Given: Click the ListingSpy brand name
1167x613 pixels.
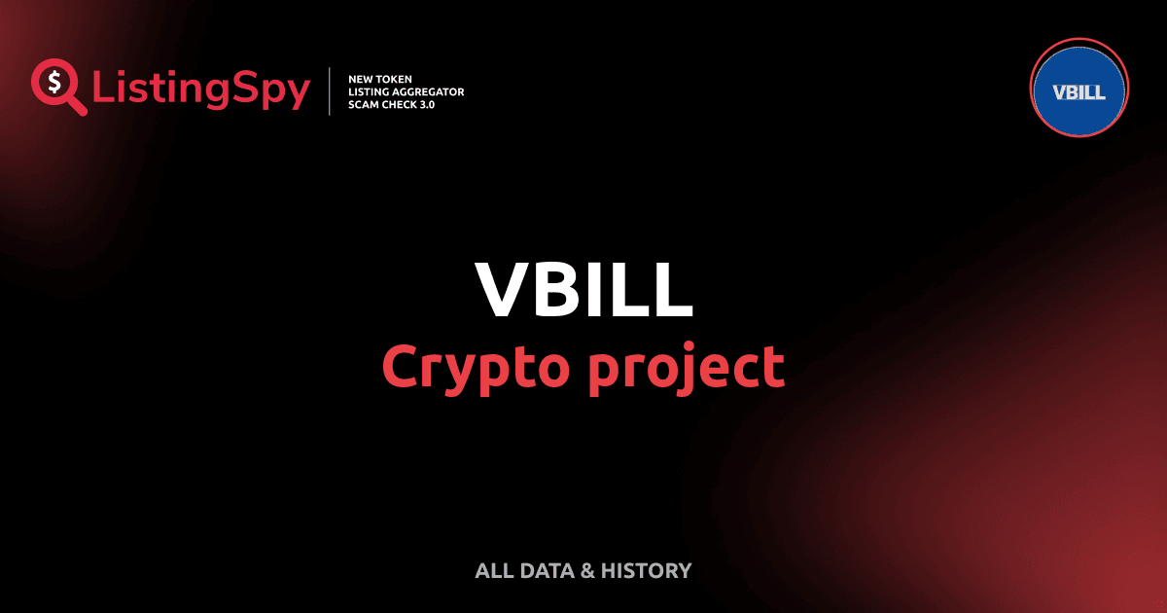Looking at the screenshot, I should click(201, 90).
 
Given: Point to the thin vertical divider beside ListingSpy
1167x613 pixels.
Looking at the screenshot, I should click(331, 91).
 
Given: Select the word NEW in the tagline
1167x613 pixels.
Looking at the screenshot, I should click(362, 78).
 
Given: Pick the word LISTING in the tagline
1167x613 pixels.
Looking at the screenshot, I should click(371, 91).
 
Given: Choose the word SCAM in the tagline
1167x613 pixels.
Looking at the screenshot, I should click(364, 104).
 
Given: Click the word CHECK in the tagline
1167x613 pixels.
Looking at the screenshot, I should click(401, 104).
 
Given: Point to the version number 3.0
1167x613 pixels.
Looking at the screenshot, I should click(428, 104).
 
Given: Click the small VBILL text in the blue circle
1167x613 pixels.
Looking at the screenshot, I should click(1079, 92).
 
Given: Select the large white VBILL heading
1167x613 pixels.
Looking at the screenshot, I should click(583, 291).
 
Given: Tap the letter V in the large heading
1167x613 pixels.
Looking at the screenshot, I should click(502, 291).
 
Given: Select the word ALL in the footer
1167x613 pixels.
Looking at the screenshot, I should click(492, 570).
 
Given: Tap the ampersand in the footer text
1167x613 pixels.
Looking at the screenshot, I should click(587, 570).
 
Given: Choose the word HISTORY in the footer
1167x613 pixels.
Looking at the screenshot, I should click(647, 570).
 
